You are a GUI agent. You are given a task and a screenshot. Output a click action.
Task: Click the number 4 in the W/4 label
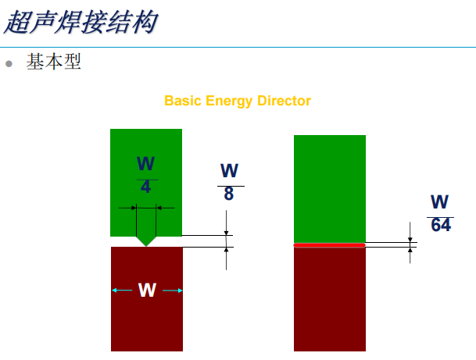pyautogui.click(x=146, y=187)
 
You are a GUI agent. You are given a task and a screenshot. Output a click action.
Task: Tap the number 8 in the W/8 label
pyautogui.click(x=229, y=194)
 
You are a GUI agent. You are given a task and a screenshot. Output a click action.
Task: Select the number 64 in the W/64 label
pyautogui.click(x=441, y=225)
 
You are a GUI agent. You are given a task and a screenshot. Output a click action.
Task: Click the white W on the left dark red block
pyautogui.click(x=147, y=290)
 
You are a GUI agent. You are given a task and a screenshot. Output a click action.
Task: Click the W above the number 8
pyautogui.click(x=229, y=171)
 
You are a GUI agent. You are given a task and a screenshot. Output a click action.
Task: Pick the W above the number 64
pyautogui.click(x=440, y=202)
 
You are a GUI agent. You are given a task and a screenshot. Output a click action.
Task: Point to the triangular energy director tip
pyautogui.click(x=146, y=241)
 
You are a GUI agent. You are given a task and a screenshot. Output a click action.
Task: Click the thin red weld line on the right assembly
pyautogui.click(x=329, y=245)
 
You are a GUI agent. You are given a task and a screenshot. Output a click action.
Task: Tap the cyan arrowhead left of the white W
pyautogui.click(x=115, y=290)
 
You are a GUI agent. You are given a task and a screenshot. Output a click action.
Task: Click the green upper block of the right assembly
pyautogui.click(x=329, y=187)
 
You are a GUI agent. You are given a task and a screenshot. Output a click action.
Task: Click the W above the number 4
pyautogui.click(x=146, y=164)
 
